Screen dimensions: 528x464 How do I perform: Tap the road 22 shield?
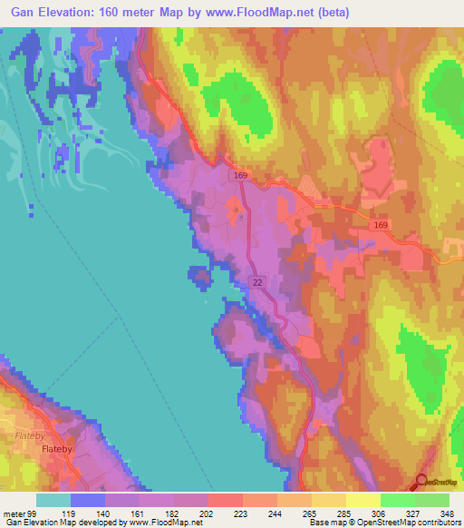point(257,283)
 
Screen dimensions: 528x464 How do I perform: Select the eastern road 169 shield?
point(381,222)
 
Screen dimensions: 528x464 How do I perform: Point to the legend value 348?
point(447,513)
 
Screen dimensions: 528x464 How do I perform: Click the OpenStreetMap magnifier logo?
point(422,482)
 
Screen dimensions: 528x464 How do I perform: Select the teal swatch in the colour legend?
point(53,500)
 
